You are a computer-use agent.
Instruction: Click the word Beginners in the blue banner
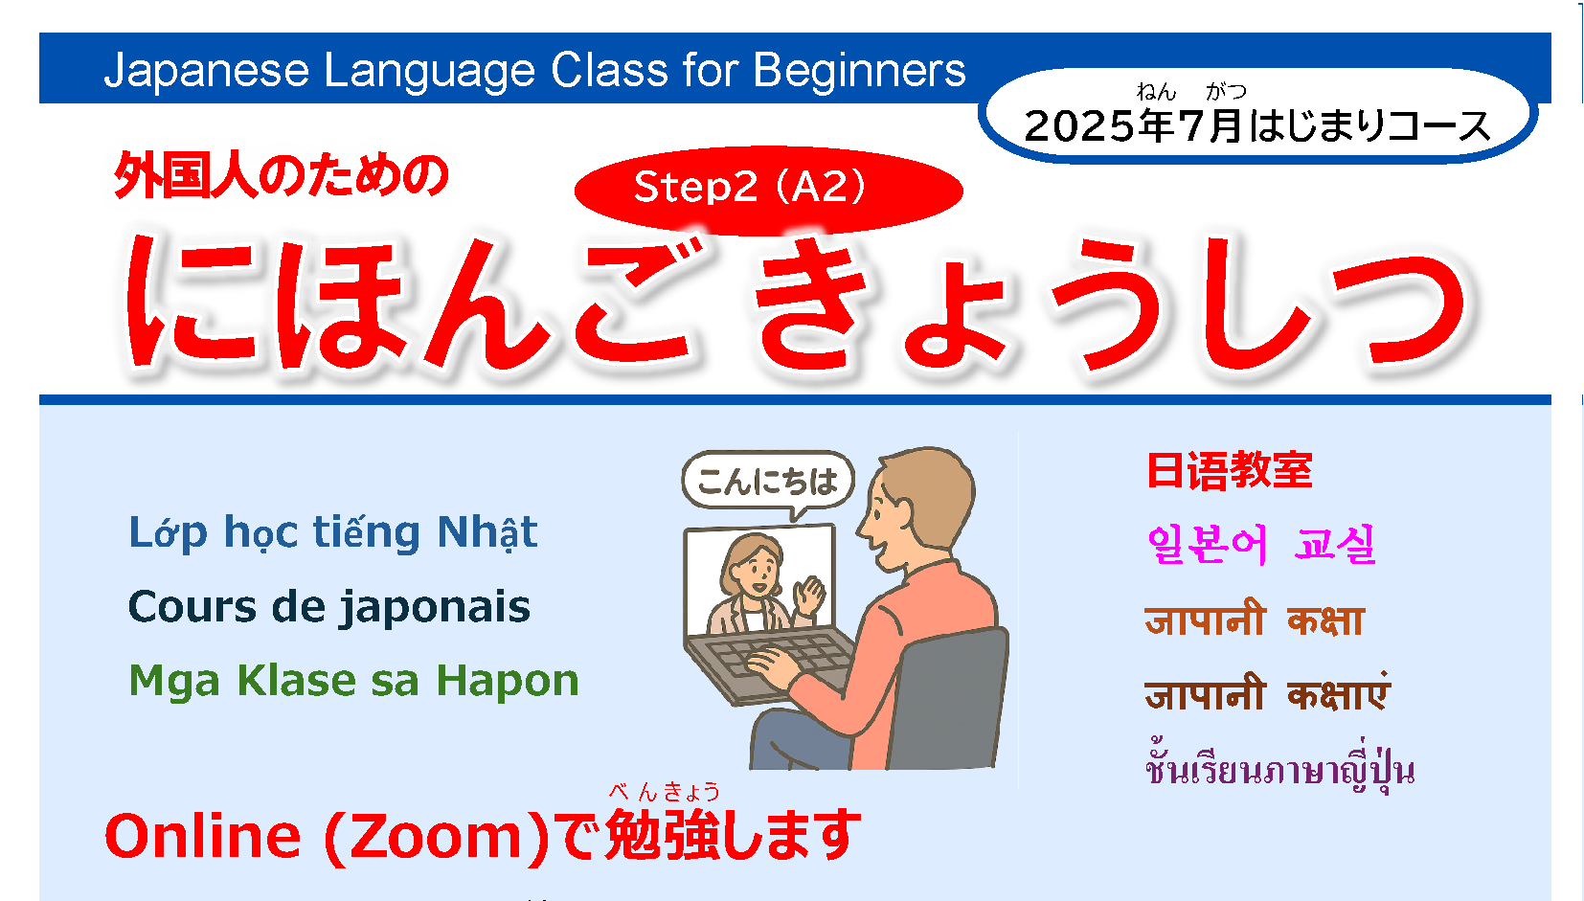(859, 71)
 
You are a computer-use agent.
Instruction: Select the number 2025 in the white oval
(1079, 126)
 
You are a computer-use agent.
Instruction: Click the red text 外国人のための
(282, 176)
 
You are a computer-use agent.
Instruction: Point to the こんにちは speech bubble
(767, 481)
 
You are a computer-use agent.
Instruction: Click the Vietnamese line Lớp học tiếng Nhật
(333, 532)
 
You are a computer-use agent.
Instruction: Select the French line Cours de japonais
(328, 607)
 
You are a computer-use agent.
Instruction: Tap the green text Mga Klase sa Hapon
(353, 681)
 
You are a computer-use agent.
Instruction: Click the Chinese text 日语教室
(1230, 470)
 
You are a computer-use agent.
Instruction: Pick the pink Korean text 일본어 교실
(1261, 545)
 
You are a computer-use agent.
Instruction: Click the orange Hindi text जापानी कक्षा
(1254, 620)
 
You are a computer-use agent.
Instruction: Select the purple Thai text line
(1279, 769)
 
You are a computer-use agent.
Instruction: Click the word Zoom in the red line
(437, 836)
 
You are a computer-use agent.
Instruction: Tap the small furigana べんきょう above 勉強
(664, 792)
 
